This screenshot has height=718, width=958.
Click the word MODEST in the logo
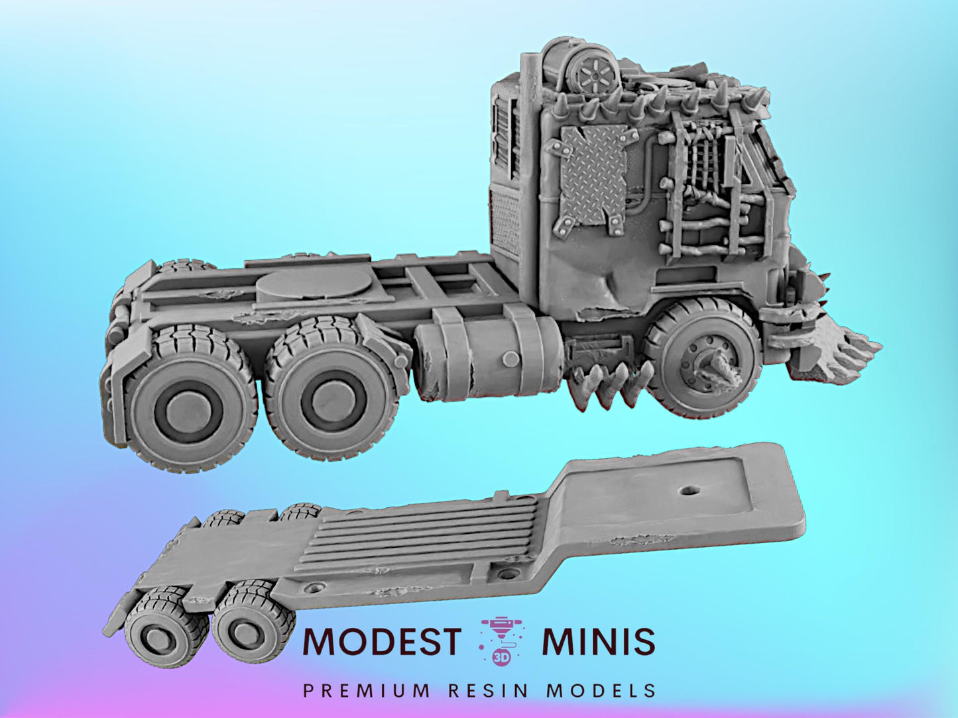click(x=381, y=641)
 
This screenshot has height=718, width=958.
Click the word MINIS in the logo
click(x=598, y=641)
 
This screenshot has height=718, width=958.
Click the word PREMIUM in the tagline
click(x=366, y=691)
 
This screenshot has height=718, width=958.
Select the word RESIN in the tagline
click(x=489, y=691)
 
